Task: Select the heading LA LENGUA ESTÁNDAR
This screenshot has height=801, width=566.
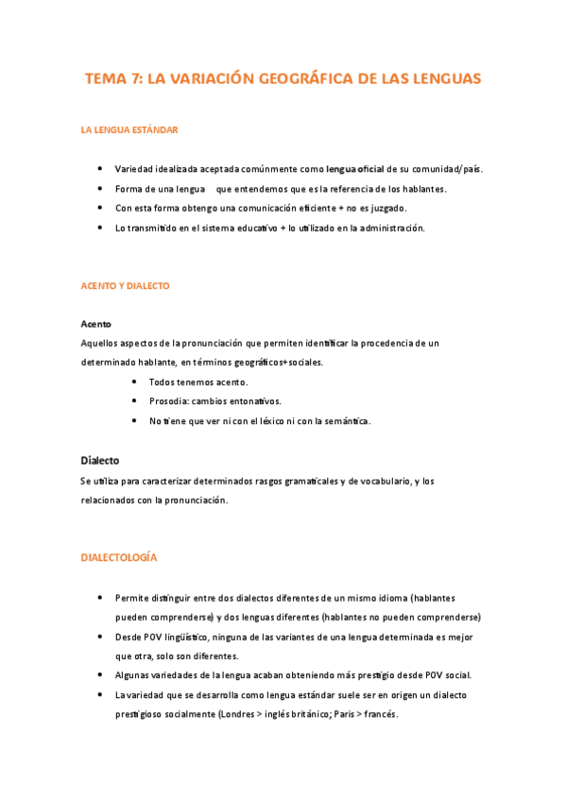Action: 129,129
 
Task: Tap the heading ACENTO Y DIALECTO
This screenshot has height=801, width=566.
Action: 125,285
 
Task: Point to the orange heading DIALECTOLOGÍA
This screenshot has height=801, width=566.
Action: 119,558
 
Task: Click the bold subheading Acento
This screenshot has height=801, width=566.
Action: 96,324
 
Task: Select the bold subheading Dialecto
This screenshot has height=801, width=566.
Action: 100,461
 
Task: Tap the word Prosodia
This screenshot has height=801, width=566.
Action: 169,401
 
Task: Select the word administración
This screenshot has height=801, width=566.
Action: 392,228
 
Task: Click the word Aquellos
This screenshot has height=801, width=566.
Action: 100,342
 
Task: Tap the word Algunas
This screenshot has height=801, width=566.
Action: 133,675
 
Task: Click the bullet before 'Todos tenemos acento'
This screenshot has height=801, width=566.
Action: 134,382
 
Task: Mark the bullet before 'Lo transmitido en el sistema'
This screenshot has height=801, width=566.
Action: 100,228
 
